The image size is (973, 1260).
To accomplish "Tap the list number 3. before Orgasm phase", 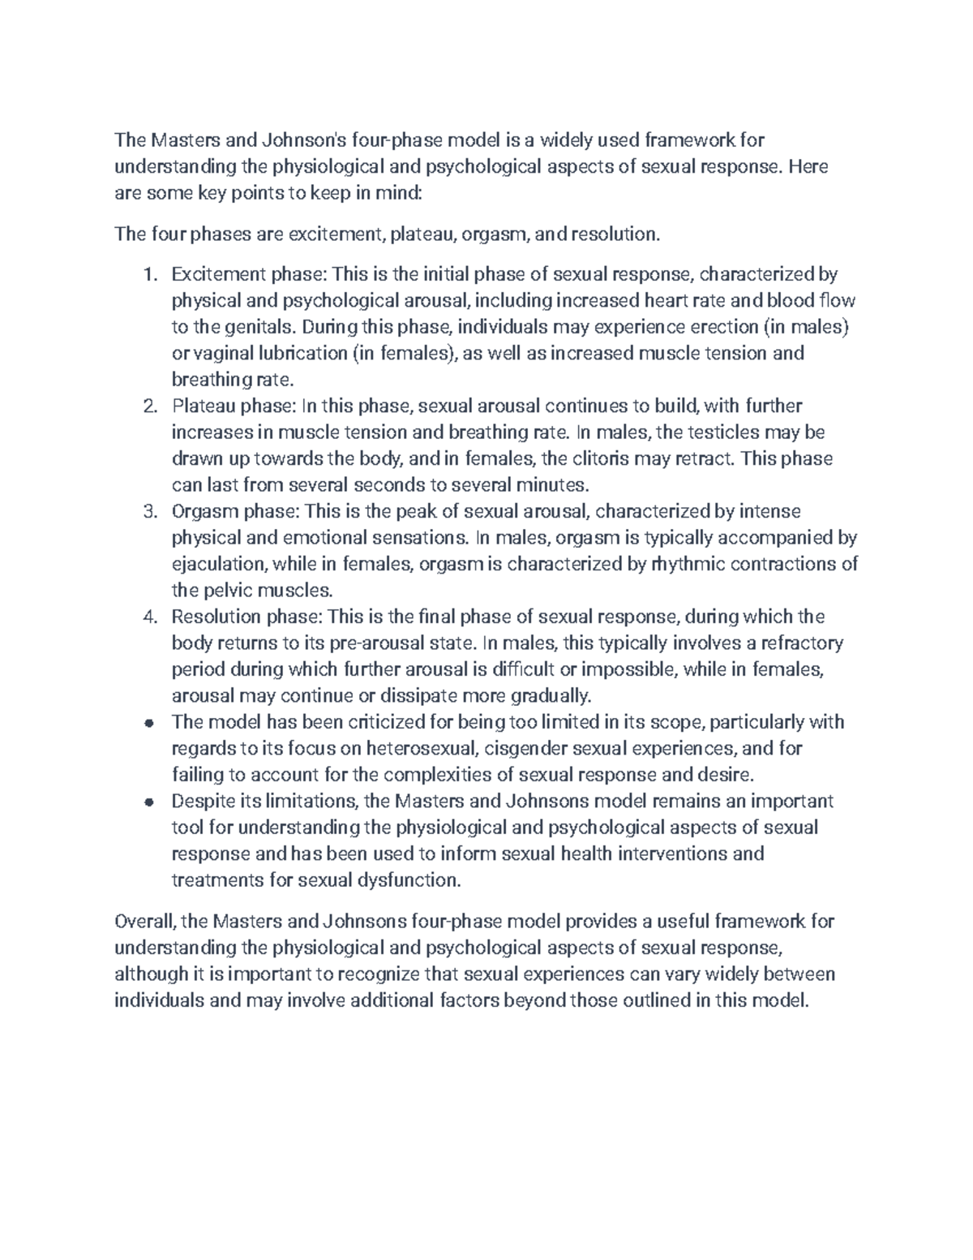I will (148, 511).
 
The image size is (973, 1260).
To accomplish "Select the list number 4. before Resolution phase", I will (148, 617).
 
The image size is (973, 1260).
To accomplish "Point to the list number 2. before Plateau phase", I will (148, 406).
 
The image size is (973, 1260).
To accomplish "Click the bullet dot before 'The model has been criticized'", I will (148, 723).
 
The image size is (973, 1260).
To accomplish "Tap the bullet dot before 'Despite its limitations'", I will (148, 802).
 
